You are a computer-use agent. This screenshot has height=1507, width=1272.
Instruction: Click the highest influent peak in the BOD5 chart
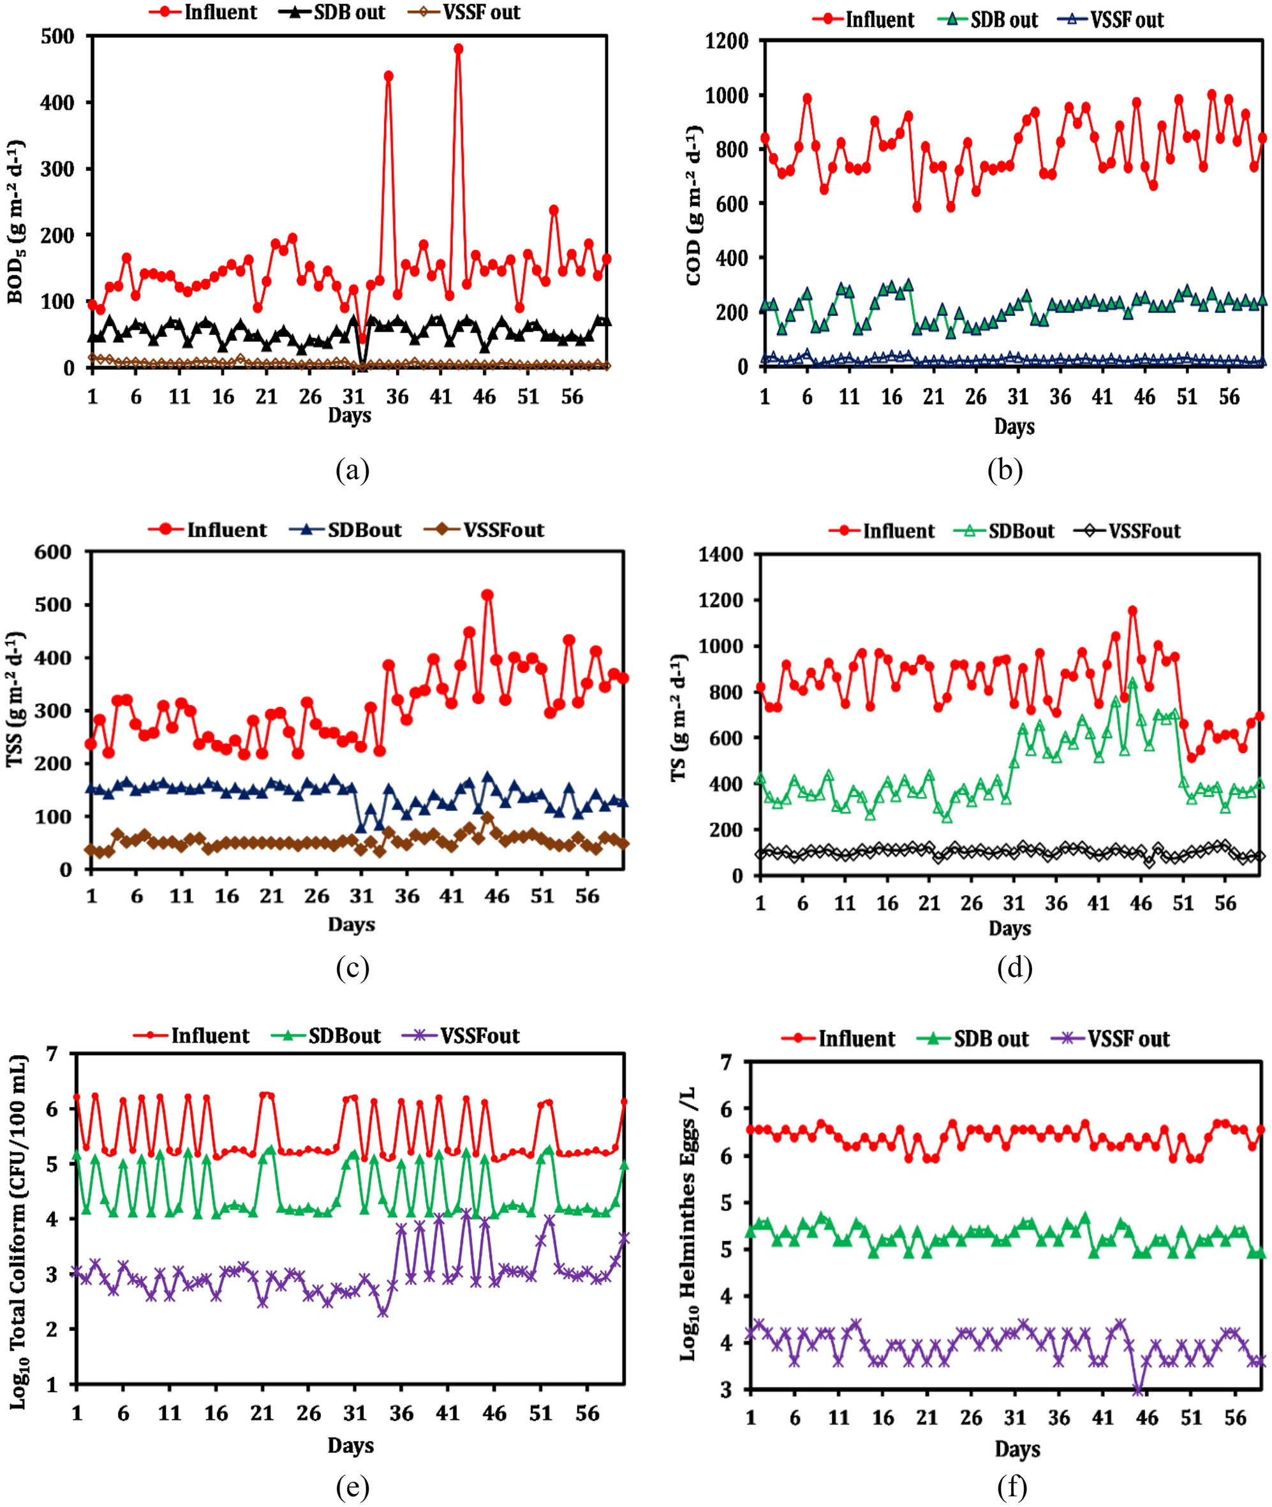458,49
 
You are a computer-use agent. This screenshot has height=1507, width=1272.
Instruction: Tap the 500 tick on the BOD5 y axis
57,36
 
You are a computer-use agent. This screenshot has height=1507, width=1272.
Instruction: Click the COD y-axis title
695,205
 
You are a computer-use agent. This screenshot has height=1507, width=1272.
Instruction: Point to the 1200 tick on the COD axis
726,41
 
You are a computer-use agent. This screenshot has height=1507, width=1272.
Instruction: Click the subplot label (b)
1005,470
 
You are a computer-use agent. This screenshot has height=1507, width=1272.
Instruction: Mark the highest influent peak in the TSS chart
487,595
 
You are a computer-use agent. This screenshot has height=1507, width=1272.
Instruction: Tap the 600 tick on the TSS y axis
54,553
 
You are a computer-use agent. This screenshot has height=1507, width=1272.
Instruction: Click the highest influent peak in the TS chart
1133,611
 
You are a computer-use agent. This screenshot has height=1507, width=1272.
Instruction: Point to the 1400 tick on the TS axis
721,554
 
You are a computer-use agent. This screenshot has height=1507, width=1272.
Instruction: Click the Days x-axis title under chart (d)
1010,929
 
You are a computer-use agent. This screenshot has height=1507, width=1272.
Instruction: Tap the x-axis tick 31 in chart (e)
355,1413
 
